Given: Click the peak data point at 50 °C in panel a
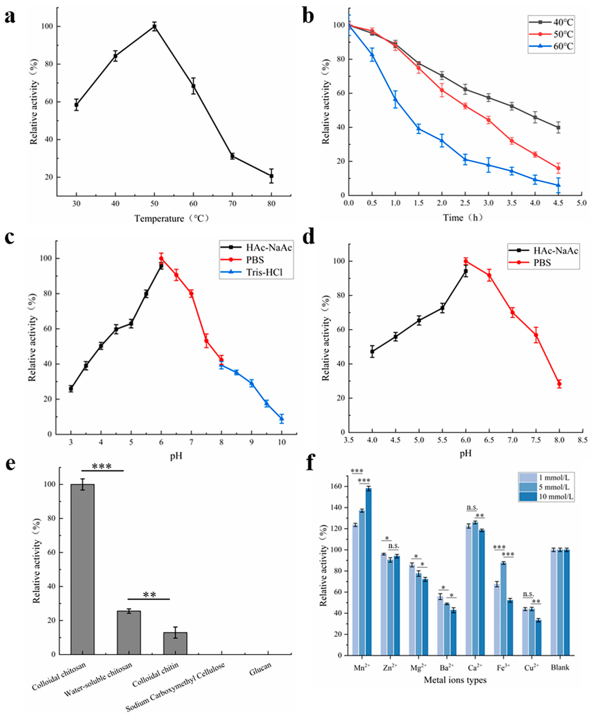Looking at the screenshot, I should [155, 27].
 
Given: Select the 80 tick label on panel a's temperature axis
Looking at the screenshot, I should [272, 204].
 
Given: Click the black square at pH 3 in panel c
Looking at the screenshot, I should [71, 388].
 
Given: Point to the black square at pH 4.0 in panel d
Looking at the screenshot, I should [372, 351].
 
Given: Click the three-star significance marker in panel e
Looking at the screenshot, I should [102, 466].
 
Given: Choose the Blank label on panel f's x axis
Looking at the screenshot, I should [560, 667].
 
